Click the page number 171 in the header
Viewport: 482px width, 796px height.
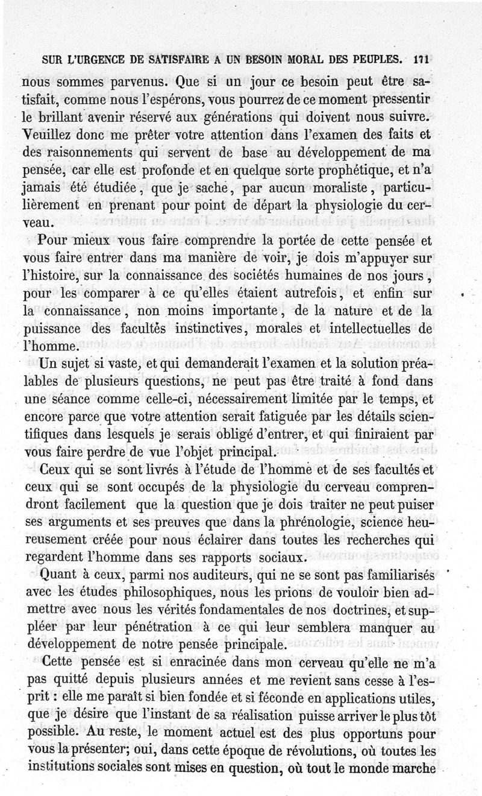(421, 60)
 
